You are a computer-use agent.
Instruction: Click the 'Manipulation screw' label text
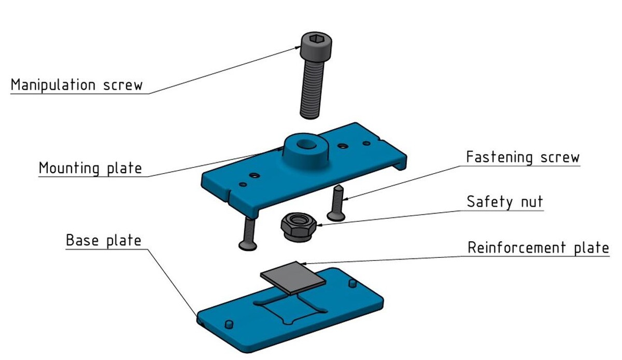click(x=76, y=84)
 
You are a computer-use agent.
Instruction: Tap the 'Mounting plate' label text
click(x=90, y=168)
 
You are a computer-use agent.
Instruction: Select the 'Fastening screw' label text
click(x=522, y=157)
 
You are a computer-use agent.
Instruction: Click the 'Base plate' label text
click(x=103, y=241)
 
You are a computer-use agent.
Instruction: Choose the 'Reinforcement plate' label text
click(x=538, y=247)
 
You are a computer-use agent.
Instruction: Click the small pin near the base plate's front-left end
click(x=228, y=323)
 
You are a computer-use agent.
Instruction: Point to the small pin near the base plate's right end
click(x=352, y=283)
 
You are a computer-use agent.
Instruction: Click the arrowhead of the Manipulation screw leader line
click(x=299, y=47)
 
